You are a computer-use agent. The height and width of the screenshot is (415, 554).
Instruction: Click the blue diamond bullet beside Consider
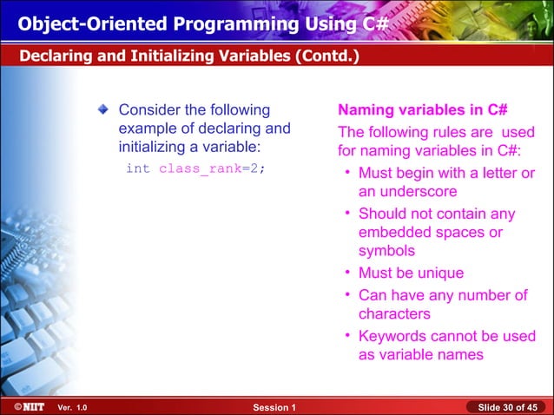[x=104, y=110]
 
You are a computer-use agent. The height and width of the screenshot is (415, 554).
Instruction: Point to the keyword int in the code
[x=137, y=168]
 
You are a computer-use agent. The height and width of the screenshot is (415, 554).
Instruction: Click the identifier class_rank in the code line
[x=199, y=168]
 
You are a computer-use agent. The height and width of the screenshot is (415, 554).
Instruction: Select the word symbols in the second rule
[x=386, y=251]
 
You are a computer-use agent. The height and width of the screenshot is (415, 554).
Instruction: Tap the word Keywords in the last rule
[x=392, y=336]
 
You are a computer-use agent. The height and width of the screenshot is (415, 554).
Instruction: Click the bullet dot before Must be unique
[x=346, y=273]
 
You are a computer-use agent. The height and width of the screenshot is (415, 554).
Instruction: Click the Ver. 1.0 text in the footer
[x=72, y=407]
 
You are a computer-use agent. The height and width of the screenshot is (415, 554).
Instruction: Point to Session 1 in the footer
[x=274, y=407]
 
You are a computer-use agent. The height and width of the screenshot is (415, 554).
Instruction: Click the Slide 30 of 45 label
[x=508, y=407]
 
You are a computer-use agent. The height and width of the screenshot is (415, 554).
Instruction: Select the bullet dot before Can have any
[x=346, y=295]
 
